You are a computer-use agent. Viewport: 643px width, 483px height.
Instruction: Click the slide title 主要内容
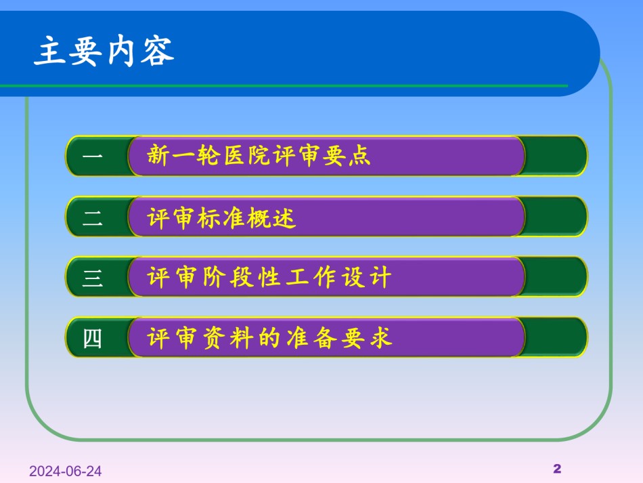(x=104, y=51)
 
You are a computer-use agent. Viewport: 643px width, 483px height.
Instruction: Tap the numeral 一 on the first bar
(x=92, y=156)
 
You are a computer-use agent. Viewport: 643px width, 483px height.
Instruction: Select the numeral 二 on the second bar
(x=92, y=217)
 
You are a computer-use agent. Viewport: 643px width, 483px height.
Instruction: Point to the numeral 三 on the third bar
(x=92, y=278)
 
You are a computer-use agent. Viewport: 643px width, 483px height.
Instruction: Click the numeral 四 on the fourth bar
(x=92, y=339)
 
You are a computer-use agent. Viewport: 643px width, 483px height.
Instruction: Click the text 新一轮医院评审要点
(x=259, y=155)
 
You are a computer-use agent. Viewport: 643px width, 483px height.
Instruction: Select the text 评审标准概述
(x=221, y=217)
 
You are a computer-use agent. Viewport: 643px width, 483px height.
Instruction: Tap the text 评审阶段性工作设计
(x=269, y=277)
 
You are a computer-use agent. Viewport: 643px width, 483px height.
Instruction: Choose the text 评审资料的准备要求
(x=269, y=338)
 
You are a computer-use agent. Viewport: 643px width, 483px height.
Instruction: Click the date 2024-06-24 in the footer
(x=65, y=471)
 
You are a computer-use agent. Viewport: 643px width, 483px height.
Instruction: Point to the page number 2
(x=557, y=469)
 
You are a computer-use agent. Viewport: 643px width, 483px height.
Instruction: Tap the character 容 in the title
(x=158, y=51)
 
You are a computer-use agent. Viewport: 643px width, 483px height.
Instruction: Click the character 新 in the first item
(x=158, y=155)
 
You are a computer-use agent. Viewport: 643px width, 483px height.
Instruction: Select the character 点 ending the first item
(x=359, y=156)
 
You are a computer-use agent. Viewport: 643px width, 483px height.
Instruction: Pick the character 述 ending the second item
(x=284, y=217)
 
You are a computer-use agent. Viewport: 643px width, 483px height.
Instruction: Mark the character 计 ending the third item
(x=380, y=277)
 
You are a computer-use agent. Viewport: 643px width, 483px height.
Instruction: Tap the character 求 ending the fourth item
(x=380, y=338)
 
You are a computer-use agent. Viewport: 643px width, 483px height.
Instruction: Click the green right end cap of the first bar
(x=556, y=156)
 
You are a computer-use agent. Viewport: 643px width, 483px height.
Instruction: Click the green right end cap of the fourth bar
(x=556, y=337)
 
